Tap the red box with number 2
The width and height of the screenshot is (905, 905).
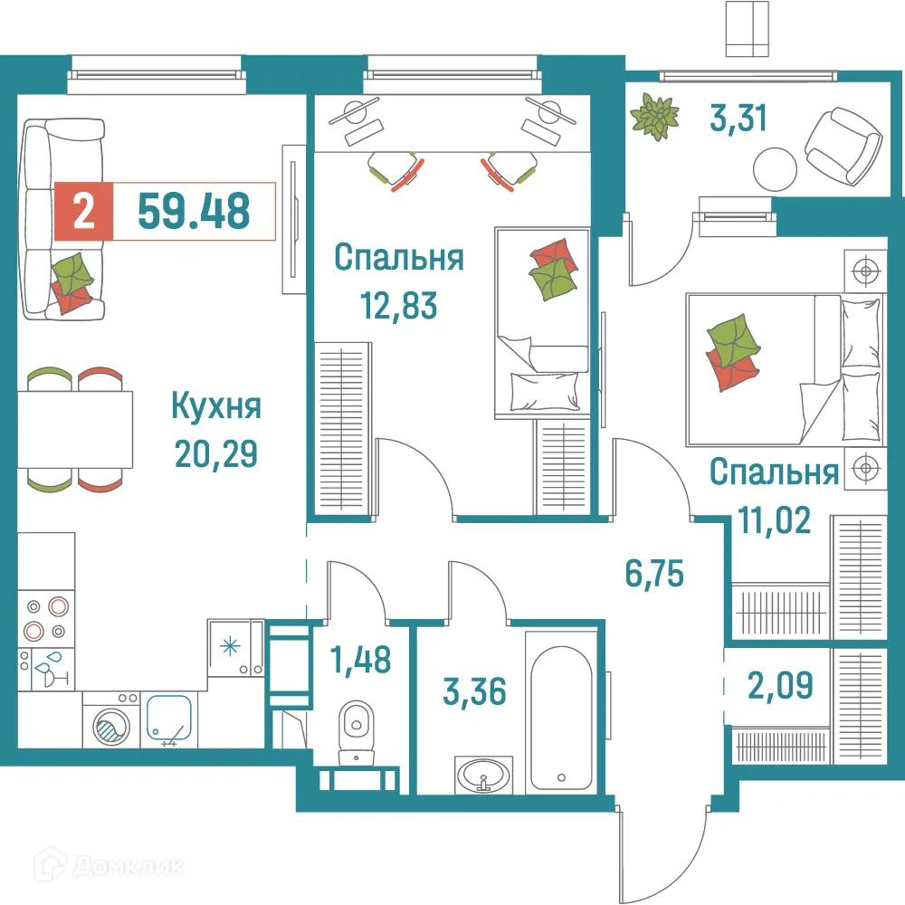pos(83,212)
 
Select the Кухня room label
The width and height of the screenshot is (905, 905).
pos(216,406)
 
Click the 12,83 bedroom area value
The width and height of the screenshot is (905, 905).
pos(398,306)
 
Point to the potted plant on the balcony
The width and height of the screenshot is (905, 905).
pos(656,118)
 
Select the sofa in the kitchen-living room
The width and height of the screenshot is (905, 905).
pos(63,221)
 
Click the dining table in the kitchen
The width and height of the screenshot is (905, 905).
pos(76,429)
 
